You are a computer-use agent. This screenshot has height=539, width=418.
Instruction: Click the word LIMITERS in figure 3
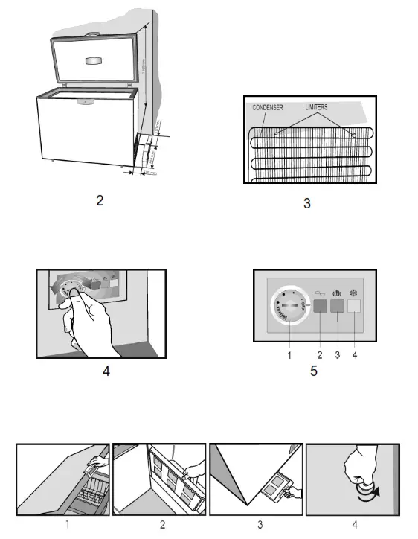click(315, 107)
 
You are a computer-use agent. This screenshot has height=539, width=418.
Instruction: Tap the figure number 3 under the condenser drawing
click(307, 202)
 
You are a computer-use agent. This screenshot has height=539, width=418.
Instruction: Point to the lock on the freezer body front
click(83, 101)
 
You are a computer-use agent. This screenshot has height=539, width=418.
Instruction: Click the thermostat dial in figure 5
click(287, 305)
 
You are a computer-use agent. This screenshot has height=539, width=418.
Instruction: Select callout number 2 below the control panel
click(319, 356)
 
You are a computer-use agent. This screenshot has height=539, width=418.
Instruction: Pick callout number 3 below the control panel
click(337, 356)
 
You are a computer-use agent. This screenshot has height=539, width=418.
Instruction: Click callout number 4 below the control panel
click(355, 356)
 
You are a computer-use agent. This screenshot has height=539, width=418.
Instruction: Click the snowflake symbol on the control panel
click(354, 293)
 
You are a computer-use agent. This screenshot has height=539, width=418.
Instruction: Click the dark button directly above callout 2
click(319, 305)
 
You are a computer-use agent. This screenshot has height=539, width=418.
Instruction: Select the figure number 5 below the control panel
click(313, 371)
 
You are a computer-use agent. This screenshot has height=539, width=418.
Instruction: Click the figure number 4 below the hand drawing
click(106, 370)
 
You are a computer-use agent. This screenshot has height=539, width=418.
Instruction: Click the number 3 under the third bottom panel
click(260, 524)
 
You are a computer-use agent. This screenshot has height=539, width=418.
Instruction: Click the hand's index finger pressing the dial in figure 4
click(74, 296)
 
